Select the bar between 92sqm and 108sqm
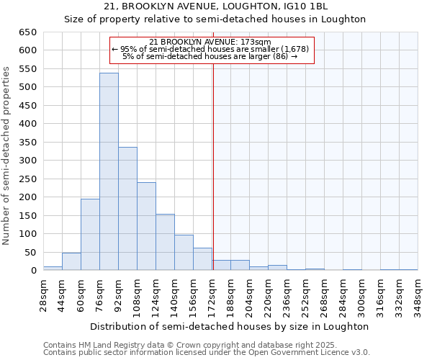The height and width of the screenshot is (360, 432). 127,209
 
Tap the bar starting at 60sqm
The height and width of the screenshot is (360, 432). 90,235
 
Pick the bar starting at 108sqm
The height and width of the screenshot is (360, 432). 146,226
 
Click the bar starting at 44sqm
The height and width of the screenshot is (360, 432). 71,261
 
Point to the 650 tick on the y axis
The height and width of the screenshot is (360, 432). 28,32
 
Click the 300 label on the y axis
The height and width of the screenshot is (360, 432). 28,161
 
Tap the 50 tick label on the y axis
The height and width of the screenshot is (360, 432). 31,253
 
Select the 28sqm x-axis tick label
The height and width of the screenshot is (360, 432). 44,295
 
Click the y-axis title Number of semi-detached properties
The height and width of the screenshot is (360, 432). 7,156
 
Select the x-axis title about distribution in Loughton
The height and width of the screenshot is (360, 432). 230,326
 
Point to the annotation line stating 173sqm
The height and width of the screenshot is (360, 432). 211,42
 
